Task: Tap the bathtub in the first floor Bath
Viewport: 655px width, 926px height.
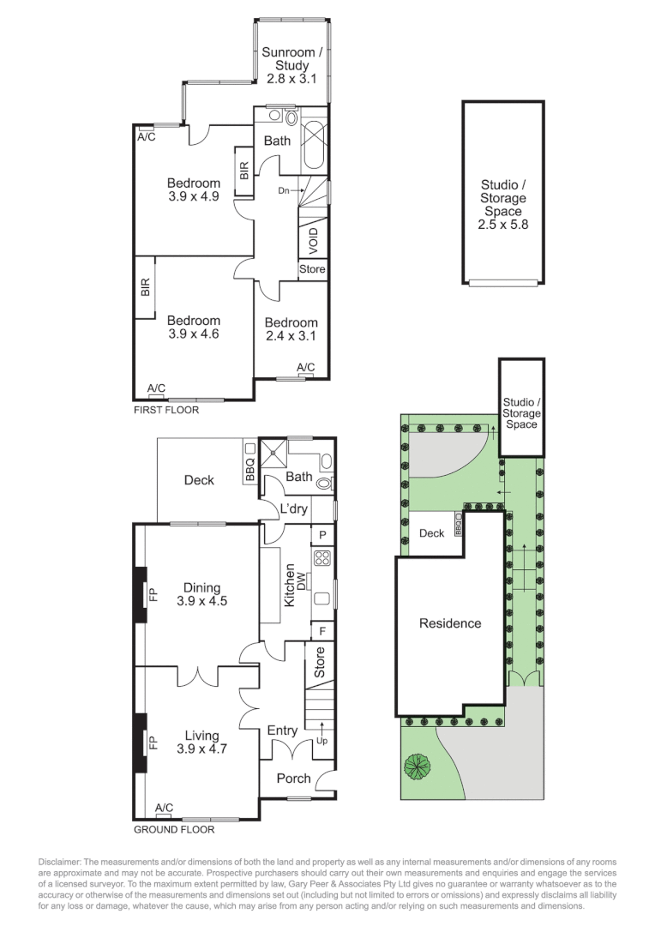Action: click(x=315, y=142)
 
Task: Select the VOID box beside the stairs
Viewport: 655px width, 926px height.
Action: click(x=313, y=238)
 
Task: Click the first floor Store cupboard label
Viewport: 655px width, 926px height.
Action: click(x=312, y=269)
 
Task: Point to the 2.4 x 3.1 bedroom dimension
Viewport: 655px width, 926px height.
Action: click(x=291, y=335)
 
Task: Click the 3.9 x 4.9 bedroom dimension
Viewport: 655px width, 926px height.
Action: click(x=193, y=196)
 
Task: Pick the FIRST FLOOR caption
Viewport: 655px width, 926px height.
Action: click(x=166, y=410)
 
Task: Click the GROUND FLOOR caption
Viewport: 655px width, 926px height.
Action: click(x=174, y=829)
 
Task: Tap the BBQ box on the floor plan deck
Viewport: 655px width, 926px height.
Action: click(x=250, y=469)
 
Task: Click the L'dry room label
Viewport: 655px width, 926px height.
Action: click(x=294, y=509)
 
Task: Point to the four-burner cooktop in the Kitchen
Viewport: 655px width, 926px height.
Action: click(x=323, y=559)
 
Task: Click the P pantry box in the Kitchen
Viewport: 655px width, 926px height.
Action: click(x=322, y=534)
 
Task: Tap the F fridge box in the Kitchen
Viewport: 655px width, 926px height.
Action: click(x=322, y=630)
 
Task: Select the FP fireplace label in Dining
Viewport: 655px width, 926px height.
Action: click(x=154, y=593)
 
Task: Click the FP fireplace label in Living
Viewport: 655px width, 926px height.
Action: click(x=154, y=742)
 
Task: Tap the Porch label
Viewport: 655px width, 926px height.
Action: click(x=293, y=779)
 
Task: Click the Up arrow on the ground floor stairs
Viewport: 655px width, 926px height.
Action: click(x=322, y=735)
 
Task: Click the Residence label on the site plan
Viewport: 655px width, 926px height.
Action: click(x=450, y=623)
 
